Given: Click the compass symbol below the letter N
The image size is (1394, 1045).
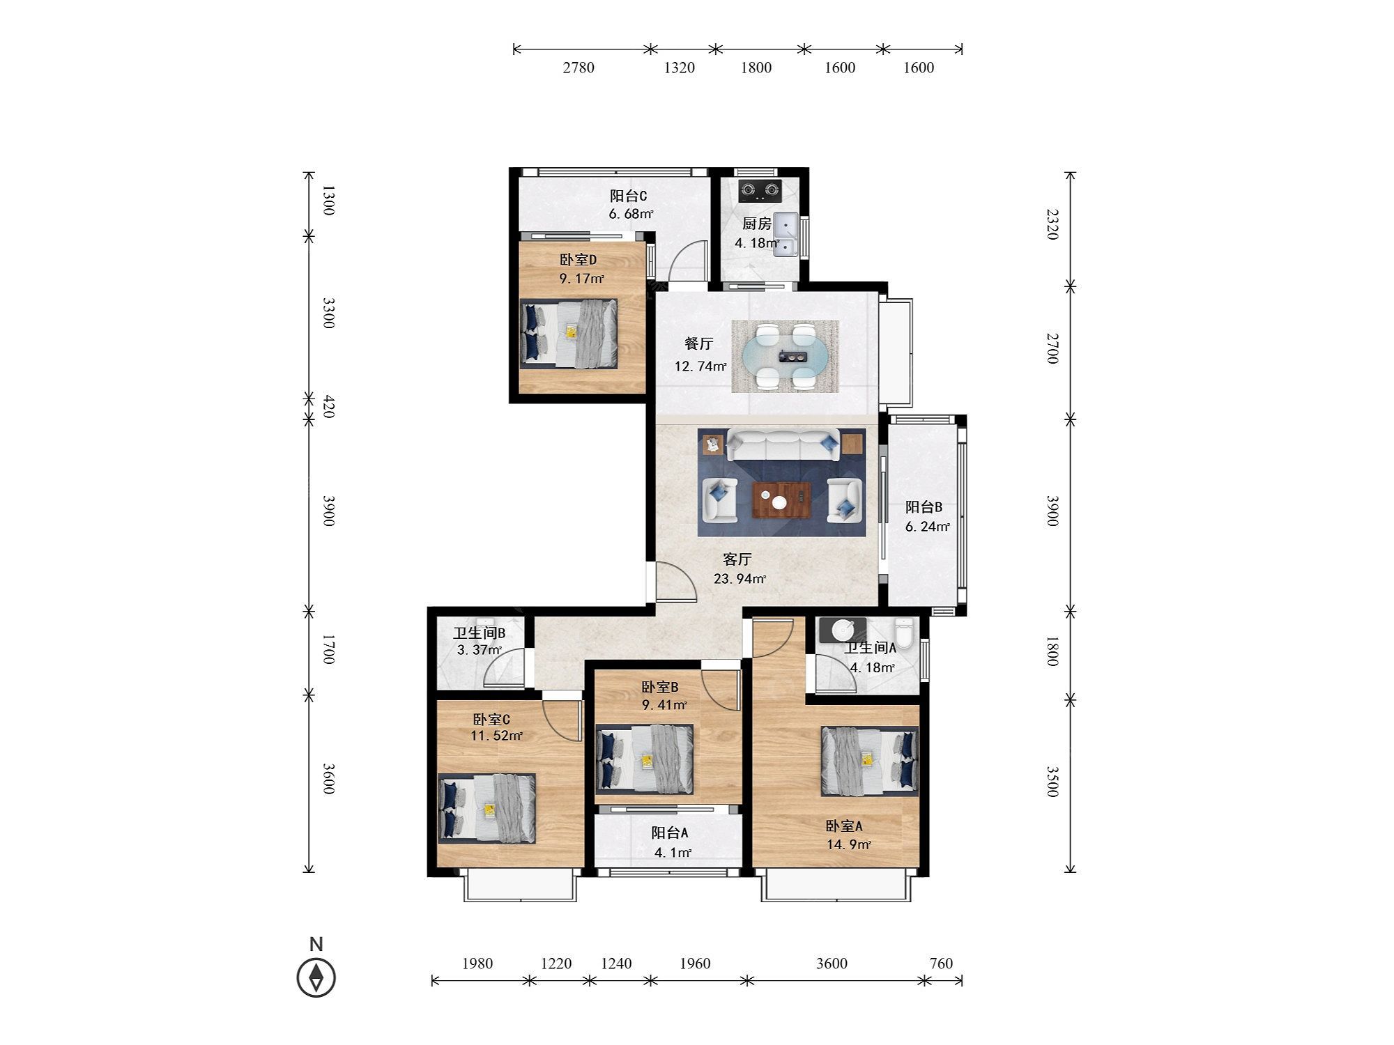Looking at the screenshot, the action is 316,977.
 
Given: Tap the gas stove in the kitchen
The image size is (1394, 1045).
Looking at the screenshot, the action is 760,189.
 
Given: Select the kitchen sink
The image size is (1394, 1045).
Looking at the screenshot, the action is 786,235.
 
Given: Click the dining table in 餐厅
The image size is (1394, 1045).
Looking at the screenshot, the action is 784,355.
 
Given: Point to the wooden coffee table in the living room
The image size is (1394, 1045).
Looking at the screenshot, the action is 782,500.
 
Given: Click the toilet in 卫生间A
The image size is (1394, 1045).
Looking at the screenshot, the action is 905,633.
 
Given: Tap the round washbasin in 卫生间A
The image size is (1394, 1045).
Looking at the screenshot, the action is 843,630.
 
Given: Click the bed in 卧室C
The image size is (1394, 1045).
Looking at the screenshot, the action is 487,808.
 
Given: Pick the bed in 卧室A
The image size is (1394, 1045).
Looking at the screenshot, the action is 869,761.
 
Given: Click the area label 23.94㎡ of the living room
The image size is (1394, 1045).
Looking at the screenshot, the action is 740,578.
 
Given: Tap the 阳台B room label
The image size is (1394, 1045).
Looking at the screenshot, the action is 924,507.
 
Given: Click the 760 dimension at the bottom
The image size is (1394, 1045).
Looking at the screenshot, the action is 941,963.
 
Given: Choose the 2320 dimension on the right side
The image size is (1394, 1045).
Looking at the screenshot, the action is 1052,225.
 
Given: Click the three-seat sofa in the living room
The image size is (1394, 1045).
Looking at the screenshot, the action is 783,444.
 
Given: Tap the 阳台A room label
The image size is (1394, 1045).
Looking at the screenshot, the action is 670,833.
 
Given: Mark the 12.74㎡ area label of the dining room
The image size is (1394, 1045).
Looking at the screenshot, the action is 700,366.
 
